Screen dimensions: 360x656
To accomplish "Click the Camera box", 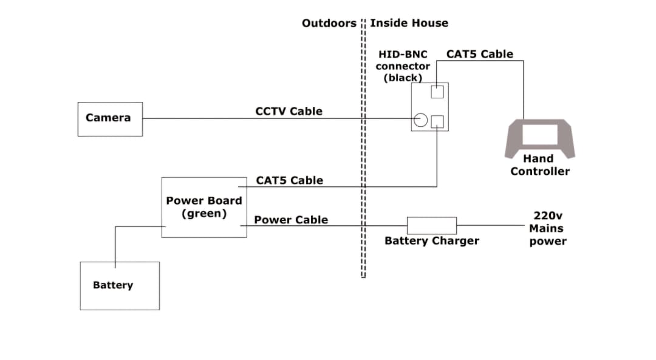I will coord(110,119).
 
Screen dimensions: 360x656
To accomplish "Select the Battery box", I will coord(120,286).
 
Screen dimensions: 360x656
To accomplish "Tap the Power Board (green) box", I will coord(204,207).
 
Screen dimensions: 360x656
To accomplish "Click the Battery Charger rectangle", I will coord(431,225).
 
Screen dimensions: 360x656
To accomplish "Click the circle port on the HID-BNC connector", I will coord(420,120).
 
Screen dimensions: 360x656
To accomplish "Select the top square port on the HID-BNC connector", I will coord(437,92).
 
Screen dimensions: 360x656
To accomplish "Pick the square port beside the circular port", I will coord(437,121).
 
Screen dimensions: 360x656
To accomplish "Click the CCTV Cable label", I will coord(289,111).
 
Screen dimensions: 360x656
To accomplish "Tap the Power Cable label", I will coord(290,220).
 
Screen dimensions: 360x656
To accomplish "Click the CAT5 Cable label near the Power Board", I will coord(289,180).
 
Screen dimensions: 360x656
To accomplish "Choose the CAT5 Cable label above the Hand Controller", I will coord(479,54).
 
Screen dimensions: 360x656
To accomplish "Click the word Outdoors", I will coord(329,23).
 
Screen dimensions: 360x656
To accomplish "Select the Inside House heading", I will coord(409,23).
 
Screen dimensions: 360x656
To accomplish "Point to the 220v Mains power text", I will coord(547,228).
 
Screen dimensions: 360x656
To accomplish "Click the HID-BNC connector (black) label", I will coord(403,66).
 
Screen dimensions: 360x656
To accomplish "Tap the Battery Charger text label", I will coord(431,241).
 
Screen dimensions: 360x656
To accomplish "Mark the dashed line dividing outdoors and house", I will coord(363,152).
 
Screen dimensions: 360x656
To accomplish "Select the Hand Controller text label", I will coord(539,165).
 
